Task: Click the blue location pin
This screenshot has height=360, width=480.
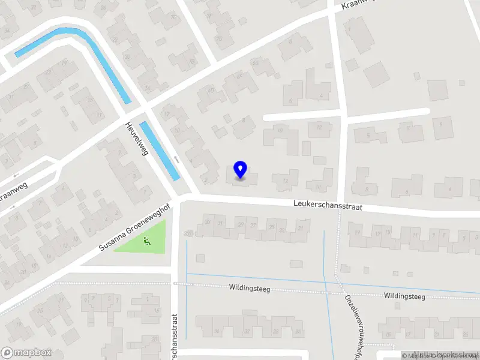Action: click(240, 169)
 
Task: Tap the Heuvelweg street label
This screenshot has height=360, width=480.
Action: click(136, 137)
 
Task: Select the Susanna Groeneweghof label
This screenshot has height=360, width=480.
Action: click(134, 230)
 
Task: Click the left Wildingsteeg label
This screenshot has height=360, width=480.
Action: click(249, 289)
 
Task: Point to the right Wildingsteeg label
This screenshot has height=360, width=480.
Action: click(404, 296)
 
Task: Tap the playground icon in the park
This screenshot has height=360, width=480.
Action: click(147, 241)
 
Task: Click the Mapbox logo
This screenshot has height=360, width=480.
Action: click(26, 353)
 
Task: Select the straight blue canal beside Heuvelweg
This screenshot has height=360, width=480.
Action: click(160, 150)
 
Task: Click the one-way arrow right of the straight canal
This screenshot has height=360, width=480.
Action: click(176, 159)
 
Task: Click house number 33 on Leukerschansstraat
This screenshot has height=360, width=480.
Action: click(189, 232)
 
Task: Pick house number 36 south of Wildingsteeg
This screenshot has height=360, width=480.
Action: click(217, 331)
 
